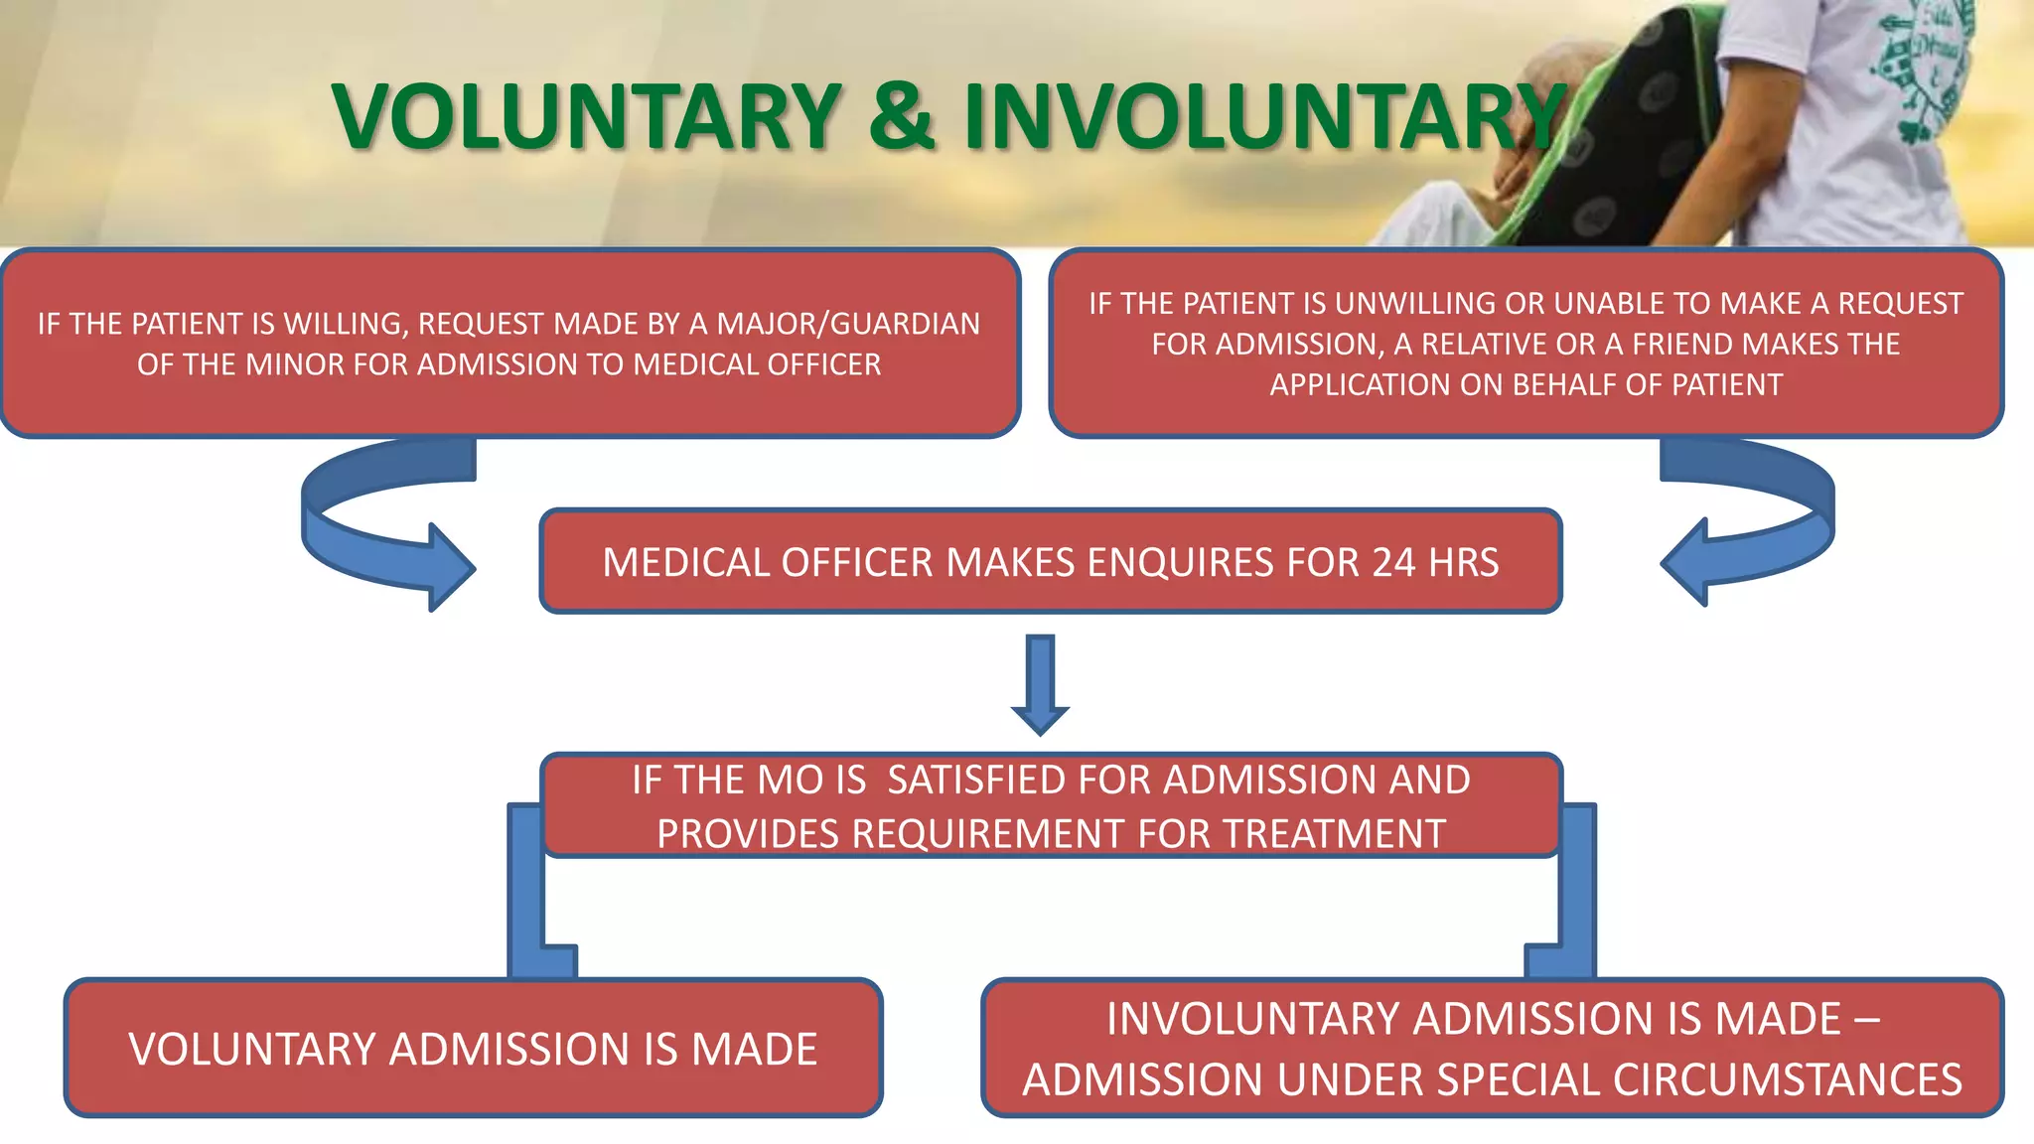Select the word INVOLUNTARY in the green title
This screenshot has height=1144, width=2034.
click(x=1261, y=117)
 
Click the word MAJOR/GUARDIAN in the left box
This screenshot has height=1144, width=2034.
click(x=848, y=324)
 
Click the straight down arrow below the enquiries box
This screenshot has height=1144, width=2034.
click(x=1040, y=685)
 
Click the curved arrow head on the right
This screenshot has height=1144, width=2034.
click(x=1686, y=563)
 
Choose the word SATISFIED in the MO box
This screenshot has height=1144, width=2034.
click(x=976, y=781)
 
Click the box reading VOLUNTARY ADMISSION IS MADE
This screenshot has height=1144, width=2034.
click(x=473, y=1049)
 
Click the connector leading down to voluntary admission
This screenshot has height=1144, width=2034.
click(x=526, y=894)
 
